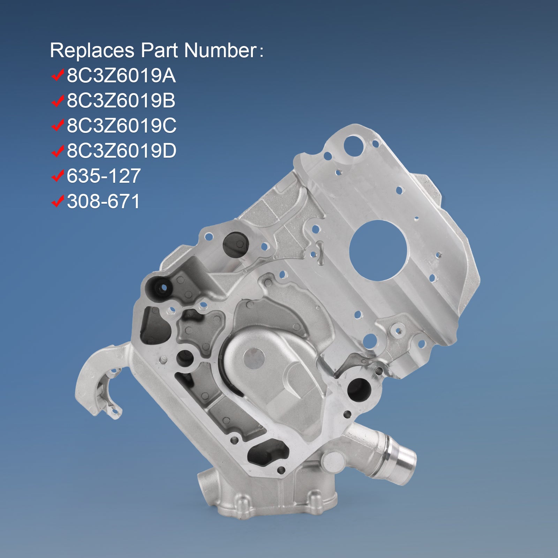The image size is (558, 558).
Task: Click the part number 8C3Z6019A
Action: pos(121,76)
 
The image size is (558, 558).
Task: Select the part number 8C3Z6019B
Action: pos(121,101)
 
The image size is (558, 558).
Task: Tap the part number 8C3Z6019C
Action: pos(121,126)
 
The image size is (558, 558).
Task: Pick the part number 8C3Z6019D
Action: pos(121,151)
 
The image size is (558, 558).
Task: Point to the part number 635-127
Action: pos(104,176)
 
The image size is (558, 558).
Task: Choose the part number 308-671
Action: pos(103,201)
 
